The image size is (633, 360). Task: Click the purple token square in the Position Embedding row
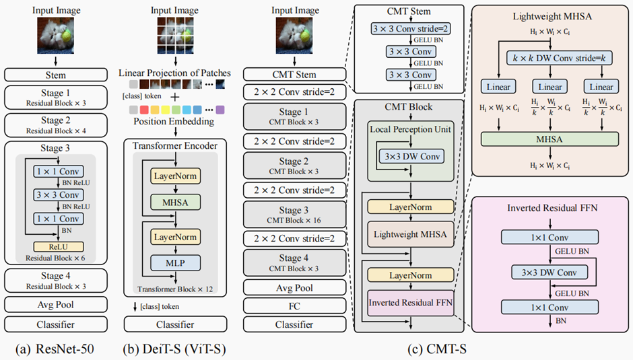[220, 109]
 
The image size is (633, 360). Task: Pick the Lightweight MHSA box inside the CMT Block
[410, 235]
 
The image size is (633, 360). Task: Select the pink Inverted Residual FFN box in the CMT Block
[410, 302]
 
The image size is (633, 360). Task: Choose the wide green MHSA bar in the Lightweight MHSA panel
[549, 140]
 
